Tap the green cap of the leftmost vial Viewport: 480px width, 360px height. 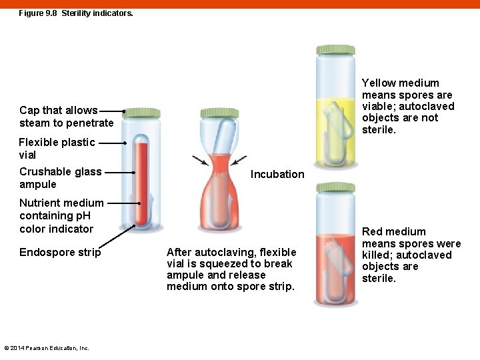[141, 113]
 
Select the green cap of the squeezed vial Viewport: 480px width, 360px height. [219, 113]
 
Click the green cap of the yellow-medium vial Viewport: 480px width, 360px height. [335, 51]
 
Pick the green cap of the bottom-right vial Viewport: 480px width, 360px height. [335, 187]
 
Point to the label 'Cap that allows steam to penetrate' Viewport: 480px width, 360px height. [67, 117]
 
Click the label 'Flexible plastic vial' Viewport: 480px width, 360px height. [57, 149]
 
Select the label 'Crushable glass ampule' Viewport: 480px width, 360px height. [60, 178]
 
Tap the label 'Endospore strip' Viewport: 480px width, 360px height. [60, 252]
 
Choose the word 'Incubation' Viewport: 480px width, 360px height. [277, 174]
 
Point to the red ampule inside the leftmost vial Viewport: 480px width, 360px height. [141, 180]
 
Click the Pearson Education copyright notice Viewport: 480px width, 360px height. [47, 347]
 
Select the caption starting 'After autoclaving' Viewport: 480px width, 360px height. [231, 269]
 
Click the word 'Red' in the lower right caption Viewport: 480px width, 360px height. [373, 232]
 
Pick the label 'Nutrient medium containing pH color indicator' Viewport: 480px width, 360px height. [61, 215]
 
